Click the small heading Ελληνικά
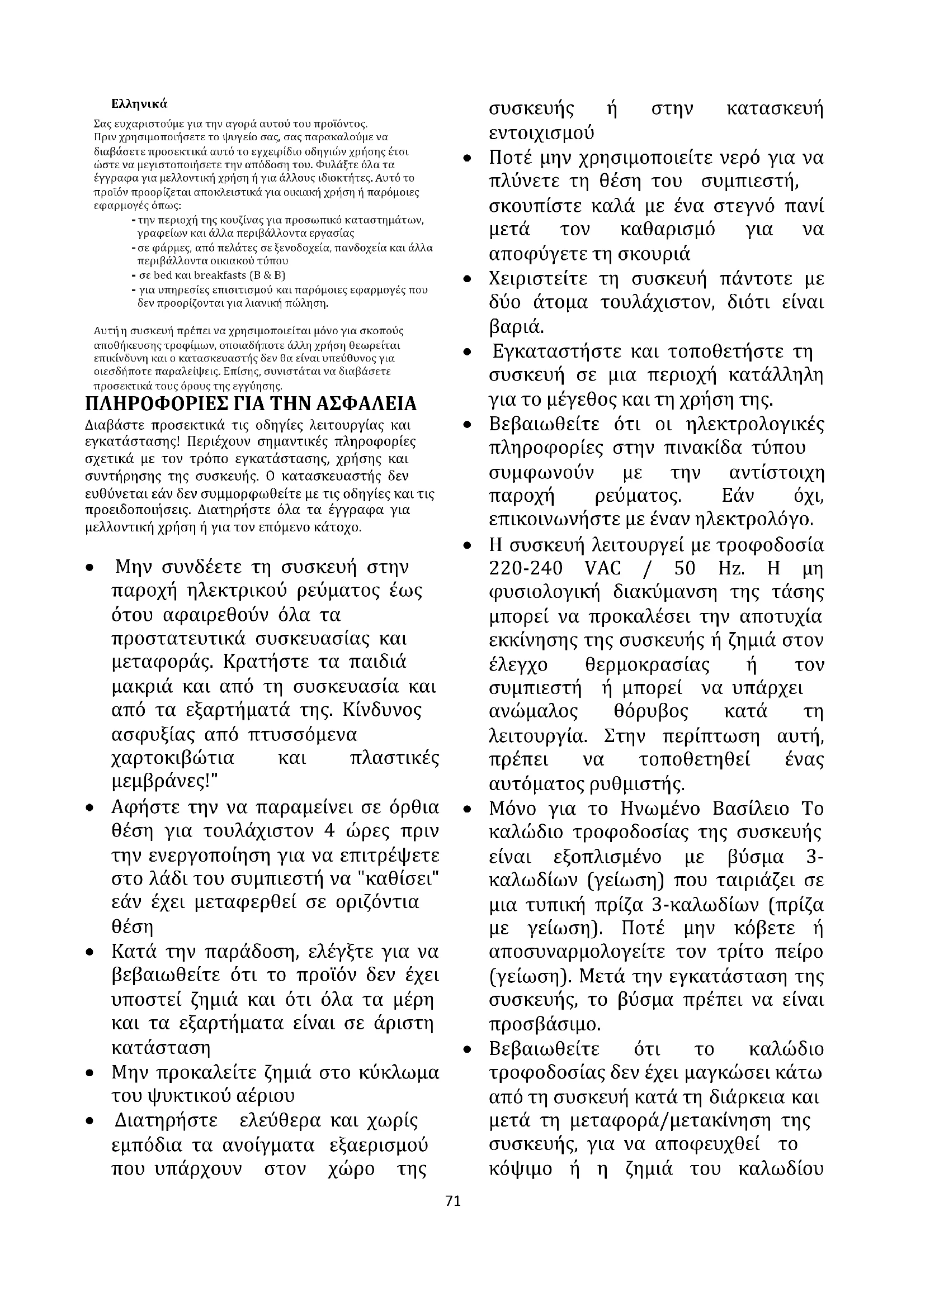pyautogui.click(x=139, y=104)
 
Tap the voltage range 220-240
pyautogui.click(x=526, y=569)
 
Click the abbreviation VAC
pyautogui.click(x=603, y=569)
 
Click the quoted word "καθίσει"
pyautogui.click(x=397, y=880)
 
